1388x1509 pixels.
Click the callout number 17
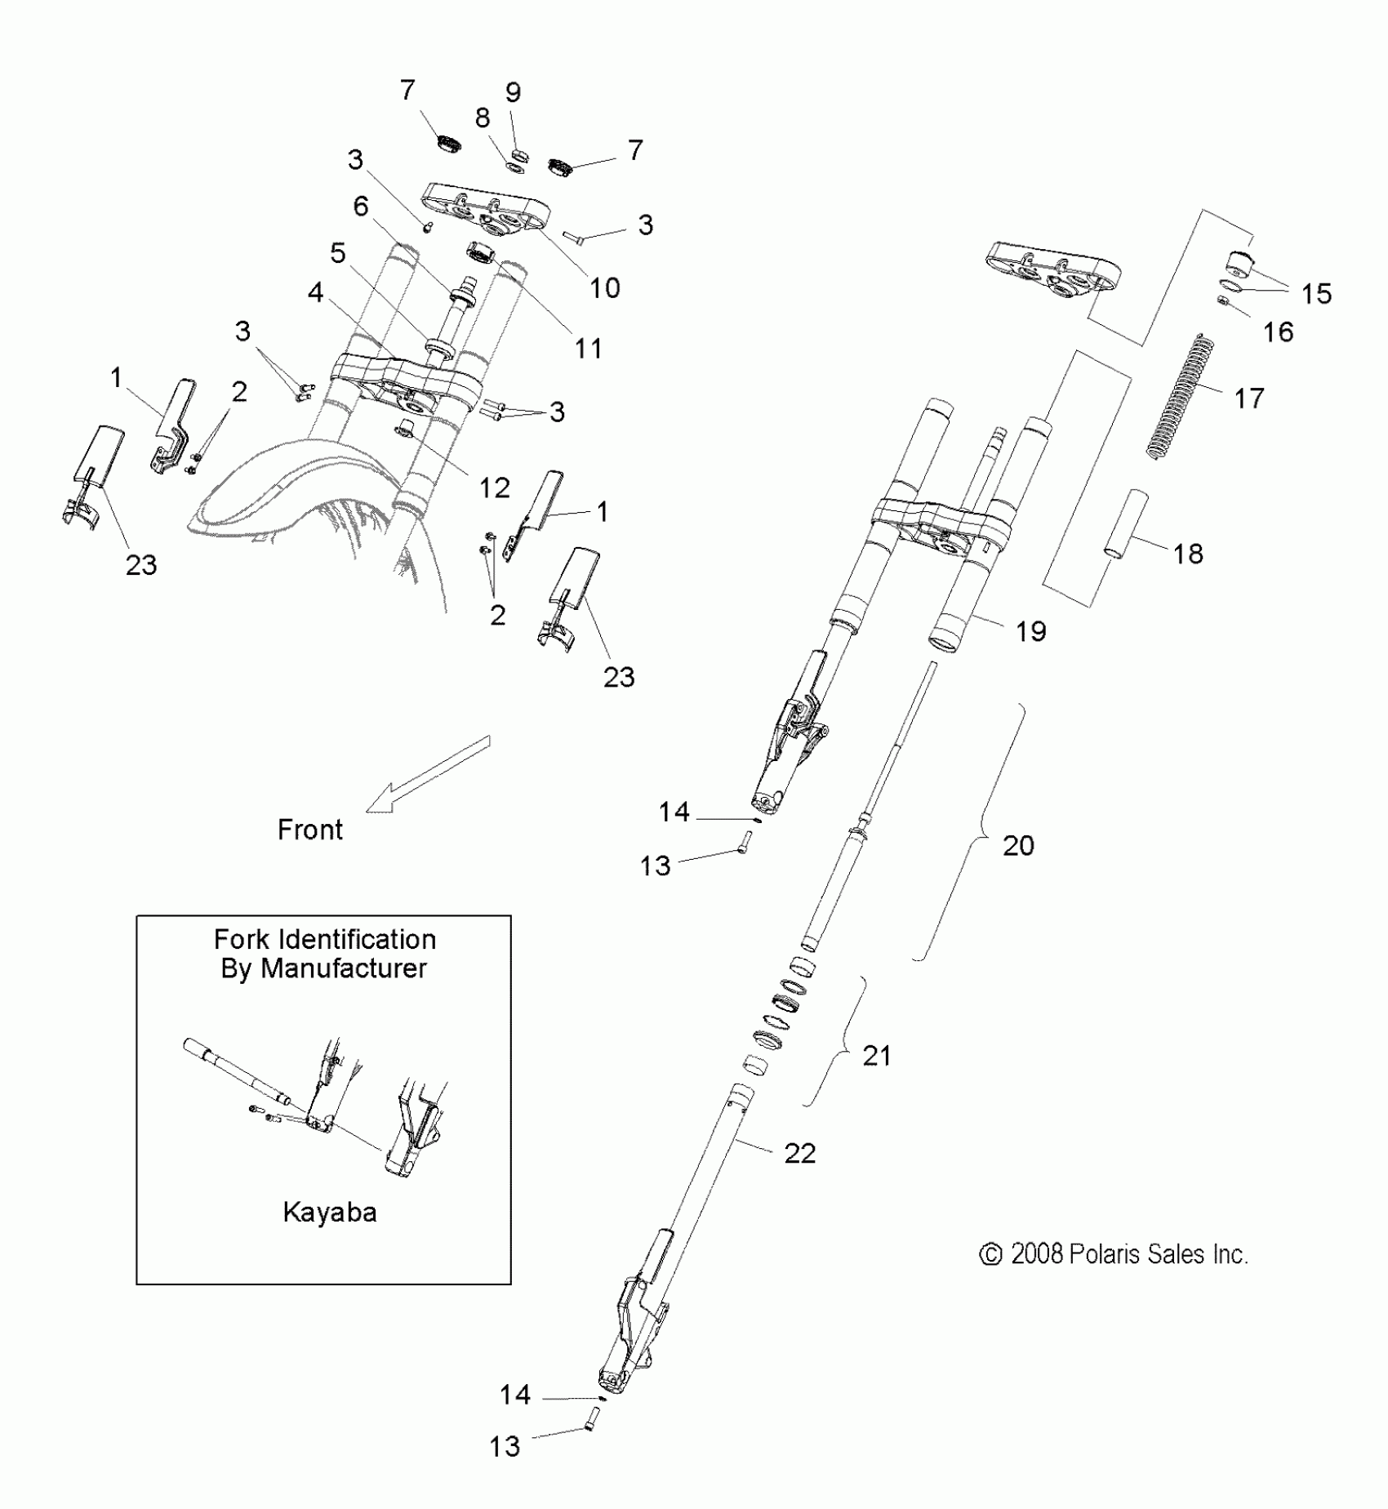point(1248,398)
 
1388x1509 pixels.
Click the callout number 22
point(799,1153)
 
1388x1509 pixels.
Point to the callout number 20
point(1018,845)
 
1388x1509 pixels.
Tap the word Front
point(309,830)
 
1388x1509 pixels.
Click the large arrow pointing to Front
point(427,773)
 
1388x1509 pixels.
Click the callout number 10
point(604,287)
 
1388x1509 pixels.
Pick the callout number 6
point(361,207)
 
